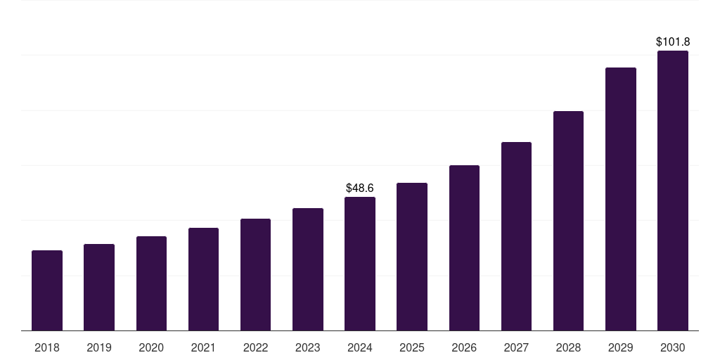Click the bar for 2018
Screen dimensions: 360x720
pos(47,290)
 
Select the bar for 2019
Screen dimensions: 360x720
pos(99,288)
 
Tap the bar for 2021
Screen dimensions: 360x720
pos(203,279)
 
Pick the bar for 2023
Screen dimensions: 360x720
pos(308,269)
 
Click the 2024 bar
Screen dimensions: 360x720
pos(360,264)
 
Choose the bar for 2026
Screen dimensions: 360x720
pos(464,248)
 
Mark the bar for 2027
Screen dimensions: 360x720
pos(516,236)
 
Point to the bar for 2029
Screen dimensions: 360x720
pos(621,199)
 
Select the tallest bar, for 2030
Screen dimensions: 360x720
pos(673,191)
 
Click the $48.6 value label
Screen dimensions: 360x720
pos(360,188)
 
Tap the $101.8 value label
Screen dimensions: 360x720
pos(673,42)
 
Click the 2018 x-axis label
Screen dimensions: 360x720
pos(47,348)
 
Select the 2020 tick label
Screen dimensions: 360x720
pos(151,348)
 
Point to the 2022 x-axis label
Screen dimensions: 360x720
pos(255,348)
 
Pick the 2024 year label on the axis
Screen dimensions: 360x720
pos(360,348)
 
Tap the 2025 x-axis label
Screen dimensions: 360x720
pos(412,348)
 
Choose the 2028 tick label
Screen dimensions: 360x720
pos(568,348)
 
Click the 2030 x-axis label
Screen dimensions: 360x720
pos(673,348)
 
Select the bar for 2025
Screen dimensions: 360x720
pos(412,257)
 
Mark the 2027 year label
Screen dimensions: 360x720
pos(516,348)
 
